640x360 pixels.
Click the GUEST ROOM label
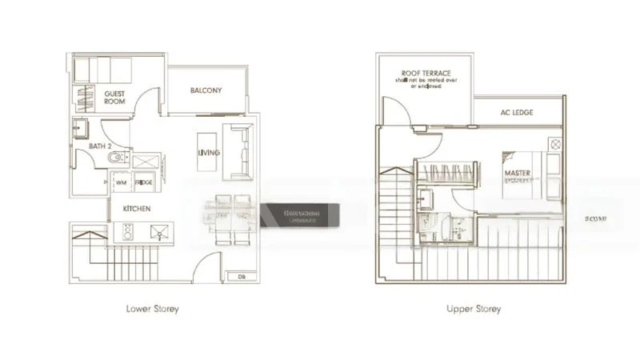115,98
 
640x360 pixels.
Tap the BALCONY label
206,90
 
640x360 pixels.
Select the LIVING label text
210,153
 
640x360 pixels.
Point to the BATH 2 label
90,146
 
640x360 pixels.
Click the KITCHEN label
137,208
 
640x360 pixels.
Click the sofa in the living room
239,151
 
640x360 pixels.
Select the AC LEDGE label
518,113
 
